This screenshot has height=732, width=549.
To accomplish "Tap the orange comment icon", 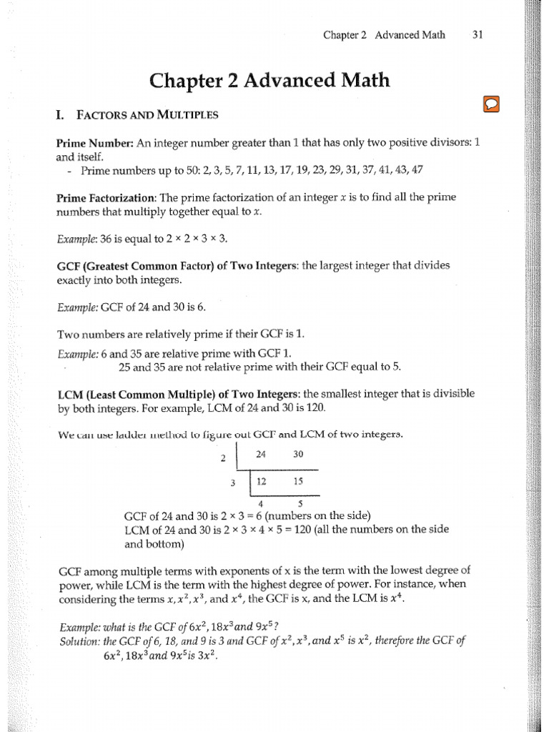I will pos(491,104).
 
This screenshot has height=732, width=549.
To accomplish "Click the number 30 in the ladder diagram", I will pos(298,454).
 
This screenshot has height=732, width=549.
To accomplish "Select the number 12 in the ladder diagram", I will pos(261,481).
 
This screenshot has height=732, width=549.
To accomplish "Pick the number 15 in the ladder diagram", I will pos(298,481).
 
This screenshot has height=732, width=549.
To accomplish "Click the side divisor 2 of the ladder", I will pos(223,458).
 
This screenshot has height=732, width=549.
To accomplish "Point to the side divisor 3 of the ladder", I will pos(233,483).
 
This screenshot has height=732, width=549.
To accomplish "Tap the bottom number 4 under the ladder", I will pos(261,502).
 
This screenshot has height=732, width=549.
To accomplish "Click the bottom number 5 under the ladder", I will pos(299,502).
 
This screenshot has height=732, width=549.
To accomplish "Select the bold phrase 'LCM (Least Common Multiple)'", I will pos(128,394).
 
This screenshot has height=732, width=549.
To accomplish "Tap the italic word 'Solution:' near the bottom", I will pos(81,640).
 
